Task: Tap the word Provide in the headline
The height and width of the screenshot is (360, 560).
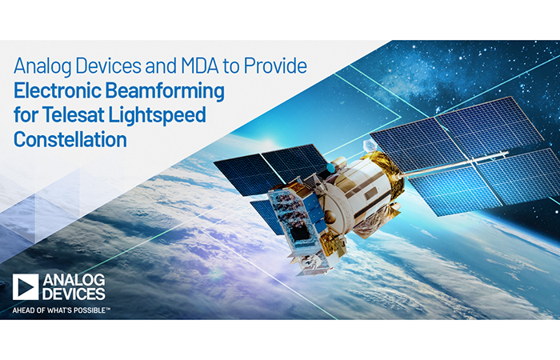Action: tap(275, 66)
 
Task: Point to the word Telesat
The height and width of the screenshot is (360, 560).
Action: tap(74, 115)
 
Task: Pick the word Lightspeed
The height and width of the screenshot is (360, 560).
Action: tap(157, 116)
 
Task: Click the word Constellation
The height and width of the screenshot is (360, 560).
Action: tap(70, 140)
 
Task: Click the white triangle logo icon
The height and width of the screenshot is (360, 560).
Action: tap(26, 287)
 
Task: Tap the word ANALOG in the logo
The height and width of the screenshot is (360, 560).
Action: tap(74, 280)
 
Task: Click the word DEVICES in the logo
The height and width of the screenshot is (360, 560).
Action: tap(74, 294)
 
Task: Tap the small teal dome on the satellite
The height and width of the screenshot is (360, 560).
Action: tap(331, 167)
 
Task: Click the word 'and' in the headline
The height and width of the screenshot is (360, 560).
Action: tap(161, 66)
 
